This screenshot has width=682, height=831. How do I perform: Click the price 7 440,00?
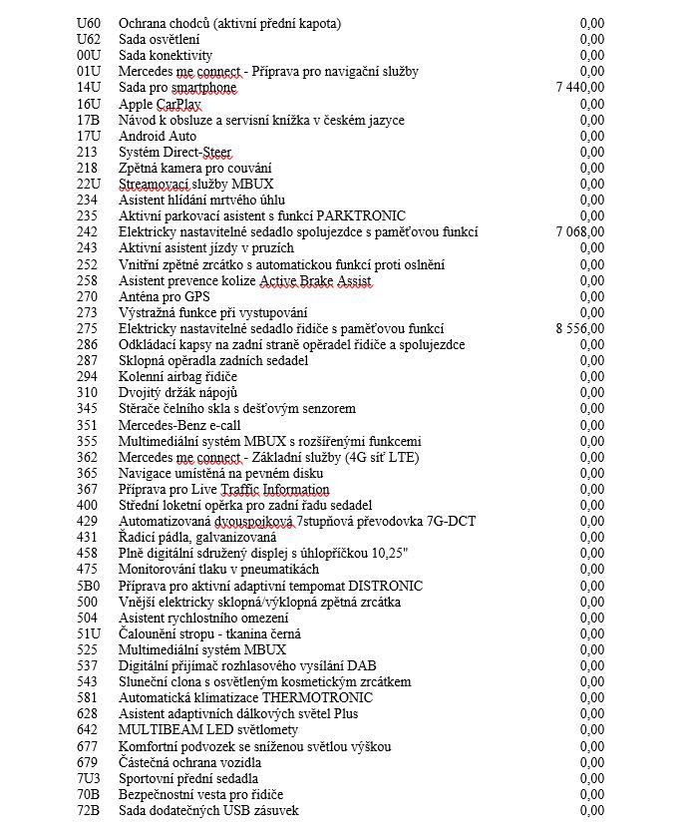click(x=579, y=88)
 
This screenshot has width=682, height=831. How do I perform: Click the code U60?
click(x=88, y=23)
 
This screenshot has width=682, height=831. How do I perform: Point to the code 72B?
click(x=88, y=811)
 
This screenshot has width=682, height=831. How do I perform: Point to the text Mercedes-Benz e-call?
click(x=179, y=425)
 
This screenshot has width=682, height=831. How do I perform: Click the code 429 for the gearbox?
click(x=87, y=522)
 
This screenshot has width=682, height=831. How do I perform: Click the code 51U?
click(x=88, y=633)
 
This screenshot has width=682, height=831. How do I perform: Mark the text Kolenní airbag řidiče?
click(x=177, y=376)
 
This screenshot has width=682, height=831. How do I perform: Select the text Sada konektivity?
click(x=166, y=56)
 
